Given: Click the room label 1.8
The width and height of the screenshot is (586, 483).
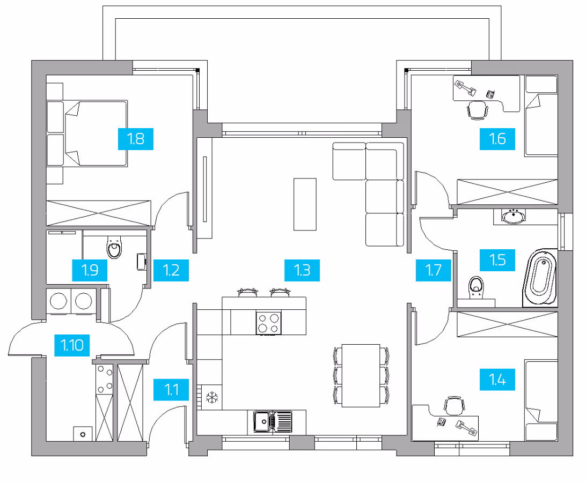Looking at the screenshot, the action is [x=136, y=139].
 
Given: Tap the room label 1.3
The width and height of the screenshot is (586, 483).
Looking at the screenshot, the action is [x=302, y=270].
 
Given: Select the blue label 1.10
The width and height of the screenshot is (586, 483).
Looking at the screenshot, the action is [x=72, y=345].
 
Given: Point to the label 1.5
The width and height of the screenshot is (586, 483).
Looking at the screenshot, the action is [x=497, y=260].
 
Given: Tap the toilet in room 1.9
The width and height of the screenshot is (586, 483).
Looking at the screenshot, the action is [x=114, y=247].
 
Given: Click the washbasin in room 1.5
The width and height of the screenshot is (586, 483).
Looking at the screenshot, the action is [x=514, y=217].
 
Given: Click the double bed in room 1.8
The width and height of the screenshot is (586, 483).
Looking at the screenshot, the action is [x=87, y=133].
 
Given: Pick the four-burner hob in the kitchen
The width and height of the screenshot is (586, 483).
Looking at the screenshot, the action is [x=269, y=323].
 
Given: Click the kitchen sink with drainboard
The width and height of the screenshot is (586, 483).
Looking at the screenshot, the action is [x=273, y=421].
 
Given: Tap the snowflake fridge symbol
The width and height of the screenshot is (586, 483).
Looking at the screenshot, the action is [x=212, y=398].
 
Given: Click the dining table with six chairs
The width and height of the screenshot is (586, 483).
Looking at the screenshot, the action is [x=361, y=375].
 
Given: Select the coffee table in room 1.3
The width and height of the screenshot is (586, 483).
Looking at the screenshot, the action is [x=305, y=204].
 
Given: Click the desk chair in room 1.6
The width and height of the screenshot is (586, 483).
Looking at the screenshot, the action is [x=477, y=110].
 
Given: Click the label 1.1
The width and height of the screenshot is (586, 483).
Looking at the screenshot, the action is [x=171, y=390].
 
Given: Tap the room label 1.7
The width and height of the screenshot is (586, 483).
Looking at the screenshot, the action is [x=434, y=270].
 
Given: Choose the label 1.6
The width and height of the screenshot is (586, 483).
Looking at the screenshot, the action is [x=497, y=139].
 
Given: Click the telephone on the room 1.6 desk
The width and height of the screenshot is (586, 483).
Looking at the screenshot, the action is [x=490, y=94].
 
